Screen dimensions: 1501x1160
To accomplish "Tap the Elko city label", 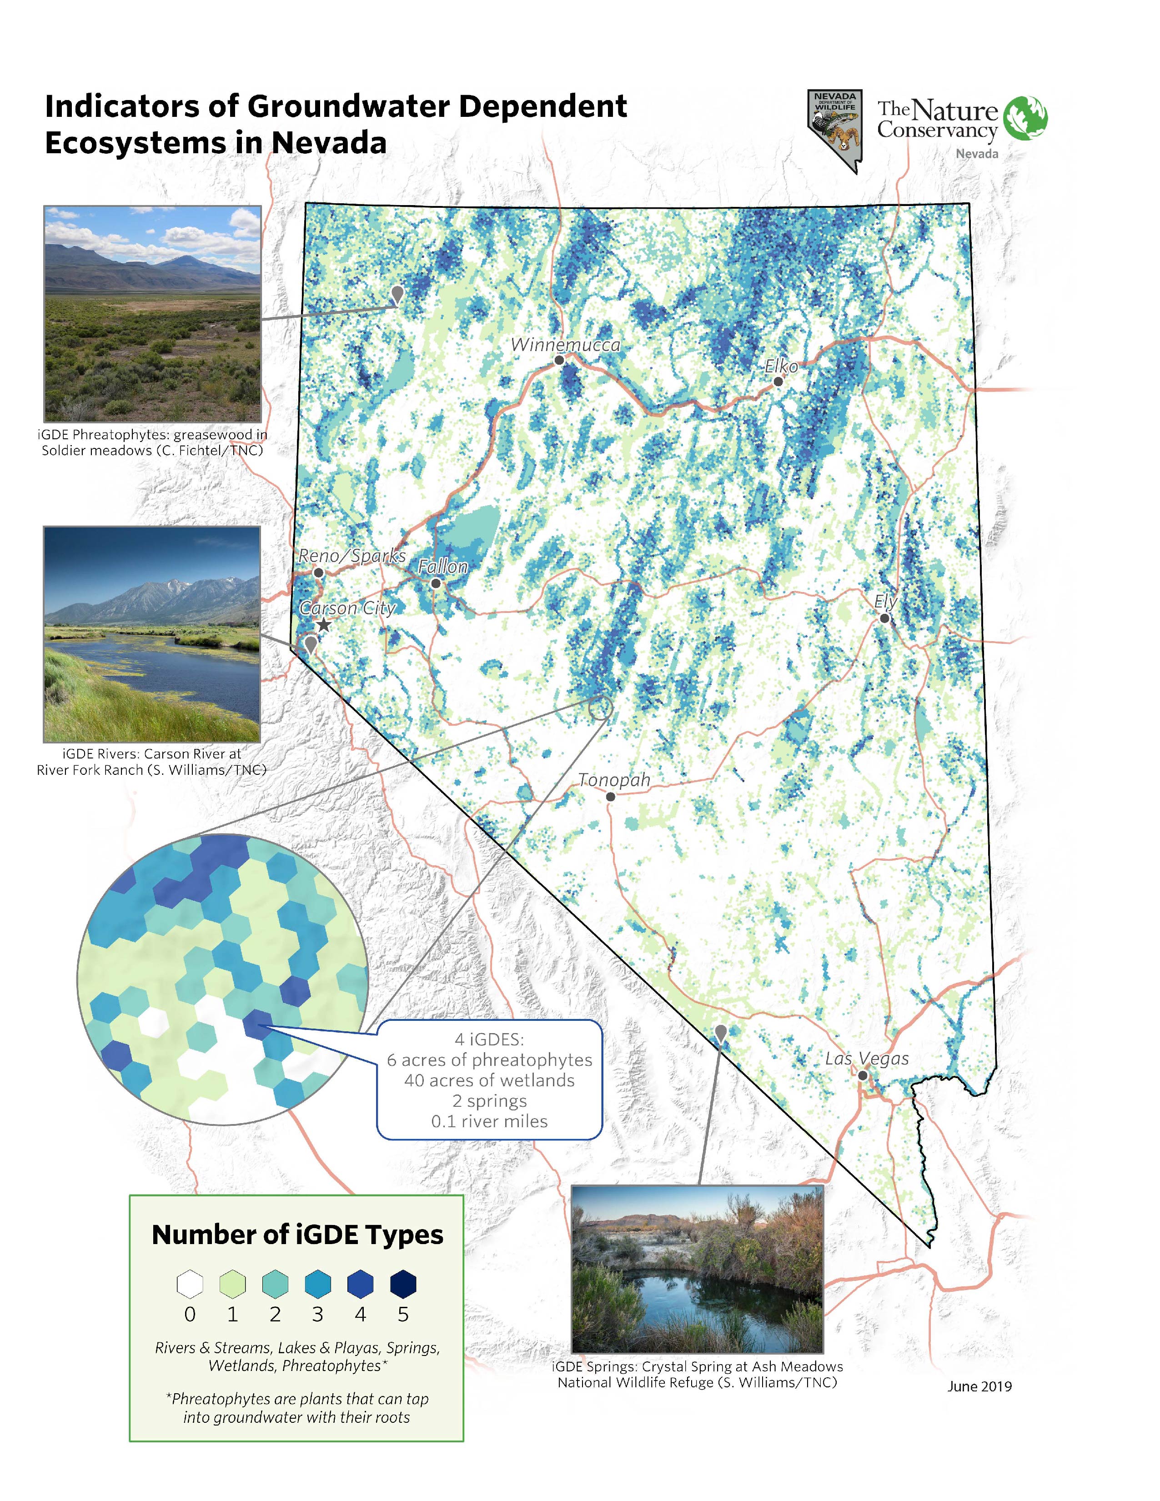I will (781, 366).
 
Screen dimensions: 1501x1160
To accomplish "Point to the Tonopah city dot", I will (610, 797).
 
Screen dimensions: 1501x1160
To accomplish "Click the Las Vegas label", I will (867, 1059).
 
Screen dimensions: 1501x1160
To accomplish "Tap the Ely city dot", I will (884, 618).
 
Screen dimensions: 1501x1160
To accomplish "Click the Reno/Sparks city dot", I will (318, 572).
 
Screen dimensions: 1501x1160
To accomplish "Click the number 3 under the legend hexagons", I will (317, 1315).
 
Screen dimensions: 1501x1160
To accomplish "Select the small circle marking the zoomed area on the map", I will (600, 707).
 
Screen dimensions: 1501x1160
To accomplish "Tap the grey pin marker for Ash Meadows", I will (720, 1032).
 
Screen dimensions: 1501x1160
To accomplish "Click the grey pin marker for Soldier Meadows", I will (397, 294).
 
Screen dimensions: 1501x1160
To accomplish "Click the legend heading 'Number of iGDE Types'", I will (297, 1235).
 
